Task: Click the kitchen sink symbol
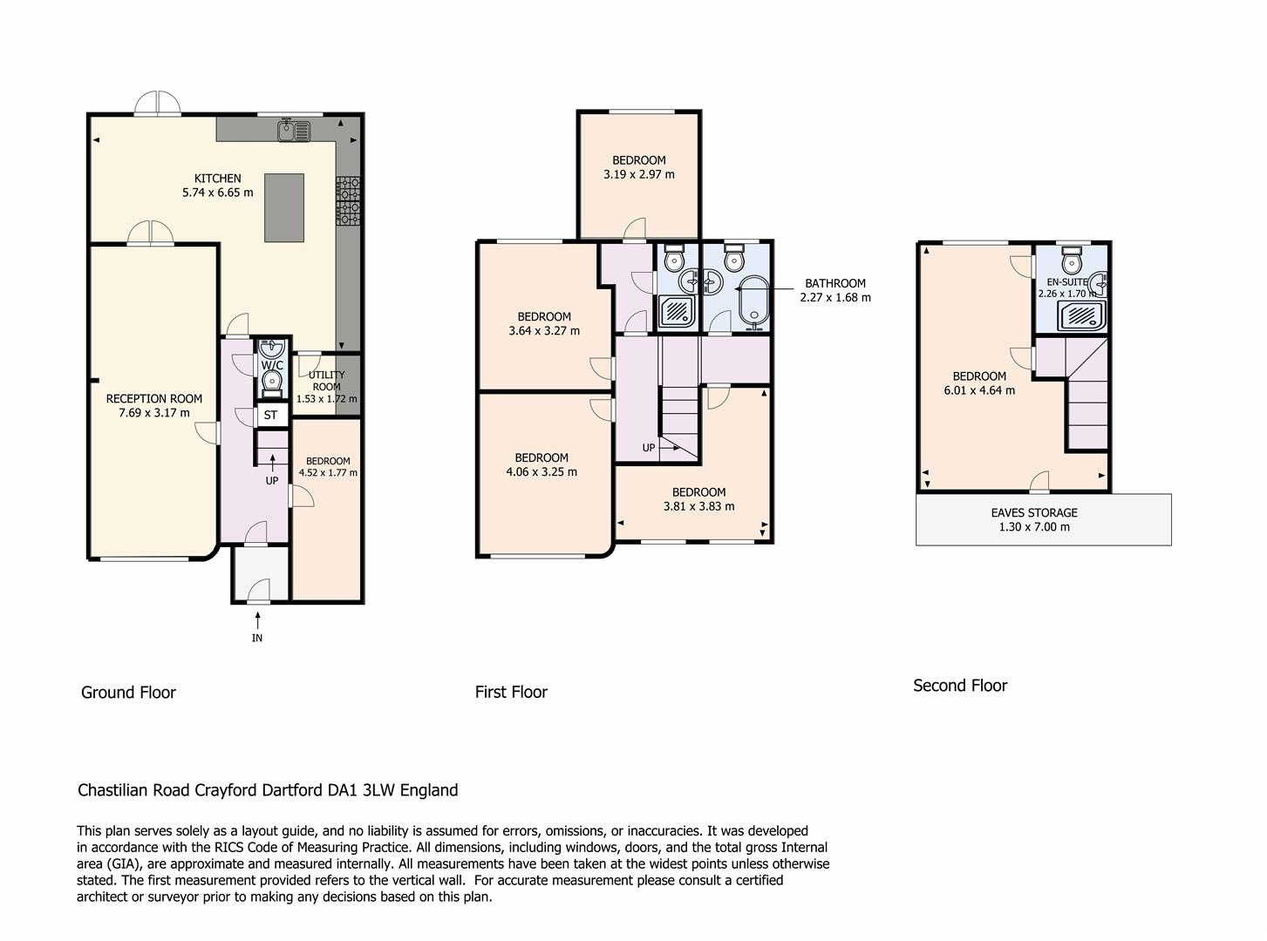(x=294, y=131)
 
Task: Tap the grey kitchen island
(x=284, y=208)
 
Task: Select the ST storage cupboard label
(x=271, y=415)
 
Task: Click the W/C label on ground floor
(x=272, y=365)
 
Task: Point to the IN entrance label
(x=257, y=638)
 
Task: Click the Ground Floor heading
(x=128, y=692)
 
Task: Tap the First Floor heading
(x=511, y=692)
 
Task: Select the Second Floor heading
(x=960, y=685)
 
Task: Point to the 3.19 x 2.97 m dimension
(x=639, y=175)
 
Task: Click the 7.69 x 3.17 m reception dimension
(x=154, y=413)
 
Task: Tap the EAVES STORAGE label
(x=1034, y=512)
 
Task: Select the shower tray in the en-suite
(x=1081, y=316)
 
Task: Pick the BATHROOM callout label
(x=835, y=283)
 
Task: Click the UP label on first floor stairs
(x=649, y=448)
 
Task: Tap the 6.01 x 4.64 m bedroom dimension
(x=979, y=390)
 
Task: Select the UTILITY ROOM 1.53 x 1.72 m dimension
(x=327, y=398)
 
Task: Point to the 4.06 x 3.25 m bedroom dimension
(x=542, y=472)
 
